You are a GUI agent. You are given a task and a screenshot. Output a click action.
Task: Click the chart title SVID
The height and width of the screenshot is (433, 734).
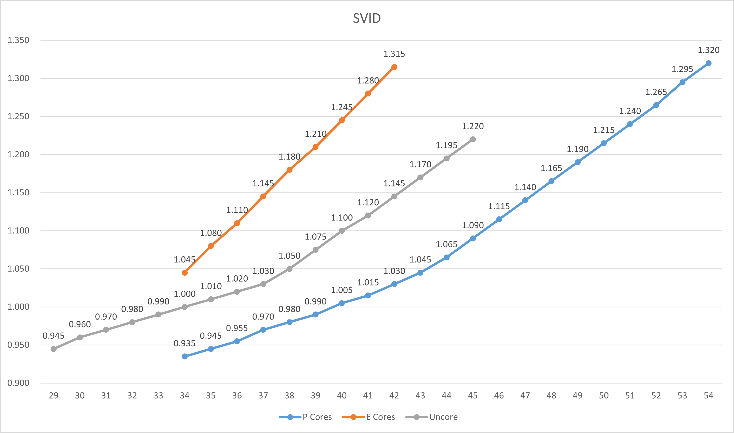(x=367, y=18)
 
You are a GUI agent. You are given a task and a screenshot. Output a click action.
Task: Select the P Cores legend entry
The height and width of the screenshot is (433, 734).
(x=317, y=417)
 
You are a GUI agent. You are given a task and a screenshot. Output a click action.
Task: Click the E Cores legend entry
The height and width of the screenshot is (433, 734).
(x=380, y=417)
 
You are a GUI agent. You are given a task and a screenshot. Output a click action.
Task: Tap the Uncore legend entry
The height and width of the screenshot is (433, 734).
(x=443, y=417)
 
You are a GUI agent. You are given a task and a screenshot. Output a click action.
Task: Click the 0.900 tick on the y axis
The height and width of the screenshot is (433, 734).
(x=18, y=383)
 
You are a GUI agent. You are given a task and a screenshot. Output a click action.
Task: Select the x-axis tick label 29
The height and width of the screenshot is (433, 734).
(x=54, y=395)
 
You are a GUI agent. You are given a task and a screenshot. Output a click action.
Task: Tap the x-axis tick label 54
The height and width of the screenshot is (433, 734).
(x=708, y=395)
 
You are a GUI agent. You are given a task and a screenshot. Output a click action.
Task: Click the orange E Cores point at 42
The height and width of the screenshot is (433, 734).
(x=394, y=67)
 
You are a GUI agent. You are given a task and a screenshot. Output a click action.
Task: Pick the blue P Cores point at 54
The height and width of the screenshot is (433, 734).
(x=708, y=63)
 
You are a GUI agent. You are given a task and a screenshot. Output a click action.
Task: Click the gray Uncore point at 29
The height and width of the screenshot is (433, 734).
(x=54, y=349)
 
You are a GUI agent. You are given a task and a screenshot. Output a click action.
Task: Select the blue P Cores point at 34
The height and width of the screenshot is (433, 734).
(x=185, y=357)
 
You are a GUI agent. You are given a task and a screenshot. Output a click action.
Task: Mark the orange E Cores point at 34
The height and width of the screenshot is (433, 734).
(x=185, y=273)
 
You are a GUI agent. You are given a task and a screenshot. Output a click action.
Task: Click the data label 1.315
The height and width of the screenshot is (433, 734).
(x=394, y=54)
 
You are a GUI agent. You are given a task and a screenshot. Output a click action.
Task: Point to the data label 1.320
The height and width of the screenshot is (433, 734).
(x=708, y=50)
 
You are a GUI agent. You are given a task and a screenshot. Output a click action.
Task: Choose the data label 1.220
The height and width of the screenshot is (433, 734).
(x=473, y=126)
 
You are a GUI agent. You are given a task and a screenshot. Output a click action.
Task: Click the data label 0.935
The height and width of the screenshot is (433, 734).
(x=184, y=343)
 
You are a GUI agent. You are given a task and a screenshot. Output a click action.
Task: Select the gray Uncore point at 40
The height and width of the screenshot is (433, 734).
(x=342, y=231)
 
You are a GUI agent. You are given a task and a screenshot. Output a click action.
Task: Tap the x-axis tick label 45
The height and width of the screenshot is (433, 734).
(x=473, y=395)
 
